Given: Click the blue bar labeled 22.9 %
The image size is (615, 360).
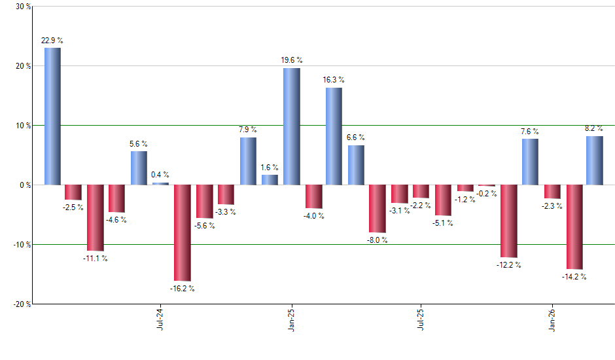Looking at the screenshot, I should pyautogui.click(x=52, y=116).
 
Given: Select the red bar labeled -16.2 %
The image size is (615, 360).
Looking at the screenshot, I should pyautogui.click(x=182, y=232).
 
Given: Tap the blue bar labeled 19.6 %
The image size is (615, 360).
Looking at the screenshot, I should pyautogui.click(x=291, y=126).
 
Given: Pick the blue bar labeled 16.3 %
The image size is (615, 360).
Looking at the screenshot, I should pyautogui.click(x=333, y=136).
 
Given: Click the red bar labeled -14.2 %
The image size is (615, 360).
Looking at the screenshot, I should pyautogui.click(x=574, y=226).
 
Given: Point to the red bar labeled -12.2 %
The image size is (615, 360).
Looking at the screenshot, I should pyautogui.click(x=508, y=221).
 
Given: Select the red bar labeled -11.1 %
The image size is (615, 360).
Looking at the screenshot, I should pyautogui.click(x=95, y=217).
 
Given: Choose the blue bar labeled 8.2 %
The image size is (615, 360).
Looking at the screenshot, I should pyautogui.click(x=594, y=160).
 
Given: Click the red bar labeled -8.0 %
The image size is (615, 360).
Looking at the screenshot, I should pyautogui.click(x=377, y=208).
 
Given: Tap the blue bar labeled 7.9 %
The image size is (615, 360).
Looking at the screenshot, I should pyautogui.click(x=248, y=161).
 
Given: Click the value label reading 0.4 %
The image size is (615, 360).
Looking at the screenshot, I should pyautogui.click(x=160, y=175).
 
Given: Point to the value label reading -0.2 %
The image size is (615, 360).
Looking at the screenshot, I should pyautogui.click(x=487, y=194).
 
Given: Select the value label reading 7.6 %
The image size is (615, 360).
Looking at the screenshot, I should pyautogui.click(x=530, y=131).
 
